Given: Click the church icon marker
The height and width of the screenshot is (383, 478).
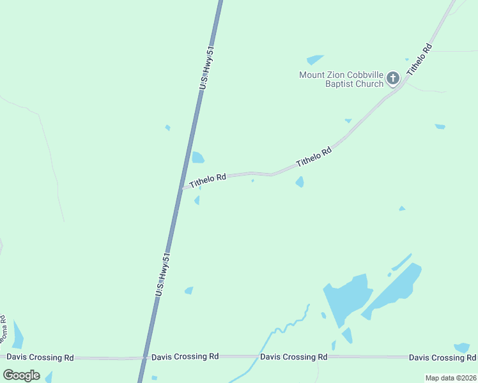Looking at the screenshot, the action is [392, 79].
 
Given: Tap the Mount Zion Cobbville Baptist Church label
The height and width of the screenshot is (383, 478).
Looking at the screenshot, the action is [341, 79].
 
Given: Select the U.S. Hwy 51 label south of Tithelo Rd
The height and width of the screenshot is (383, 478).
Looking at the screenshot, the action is [164, 274].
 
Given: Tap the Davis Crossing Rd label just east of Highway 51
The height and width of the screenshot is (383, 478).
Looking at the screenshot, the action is [185, 356].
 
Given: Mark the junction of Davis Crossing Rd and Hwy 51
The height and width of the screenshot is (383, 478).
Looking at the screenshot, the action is [144, 357].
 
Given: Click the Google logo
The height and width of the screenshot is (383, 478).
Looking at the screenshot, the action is [22, 375].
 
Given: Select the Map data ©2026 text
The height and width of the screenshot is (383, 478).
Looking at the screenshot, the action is [451, 378].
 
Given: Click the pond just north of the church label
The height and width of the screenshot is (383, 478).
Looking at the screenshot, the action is [314, 59].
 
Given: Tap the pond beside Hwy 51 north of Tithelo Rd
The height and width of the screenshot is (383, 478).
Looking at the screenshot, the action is [198, 157].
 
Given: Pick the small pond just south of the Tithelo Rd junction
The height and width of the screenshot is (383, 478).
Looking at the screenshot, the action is [197, 200].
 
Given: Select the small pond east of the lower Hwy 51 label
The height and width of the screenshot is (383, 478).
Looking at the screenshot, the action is [189, 290].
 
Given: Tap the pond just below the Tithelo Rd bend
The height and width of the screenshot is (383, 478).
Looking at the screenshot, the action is [300, 182].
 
